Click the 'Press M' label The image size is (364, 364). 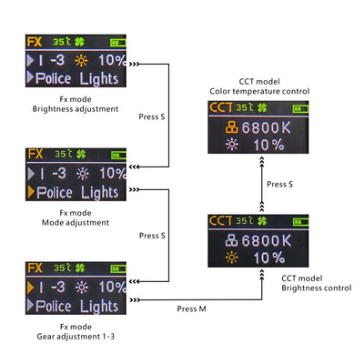click(191, 308)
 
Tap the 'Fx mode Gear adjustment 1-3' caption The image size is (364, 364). click(76, 331)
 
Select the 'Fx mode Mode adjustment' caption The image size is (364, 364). click(76, 217)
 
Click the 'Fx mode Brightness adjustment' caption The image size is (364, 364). click(76, 104)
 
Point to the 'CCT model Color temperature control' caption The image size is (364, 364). click(259, 86)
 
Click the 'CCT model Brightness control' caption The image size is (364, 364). click(317, 283)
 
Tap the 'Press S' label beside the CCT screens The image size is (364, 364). click(279, 184)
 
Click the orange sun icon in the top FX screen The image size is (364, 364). click(81, 61)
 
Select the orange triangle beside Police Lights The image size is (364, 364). click(31, 192)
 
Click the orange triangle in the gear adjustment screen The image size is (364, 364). click(30, 288)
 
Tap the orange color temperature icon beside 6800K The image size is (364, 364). click(232, 127)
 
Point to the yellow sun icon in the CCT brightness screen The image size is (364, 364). click(232, 258)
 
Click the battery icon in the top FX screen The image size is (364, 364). click(118, 43)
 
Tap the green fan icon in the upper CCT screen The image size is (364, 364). click(262, 107)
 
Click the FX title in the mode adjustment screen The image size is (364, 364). click(35, 154)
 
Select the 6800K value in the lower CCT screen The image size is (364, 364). click(266, 240)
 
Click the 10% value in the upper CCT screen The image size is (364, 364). click(268, 145)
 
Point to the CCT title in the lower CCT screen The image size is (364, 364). click(221, 220)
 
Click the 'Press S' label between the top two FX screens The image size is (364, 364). click(152, 116)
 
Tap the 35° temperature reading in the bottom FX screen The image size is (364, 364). click(63, 268)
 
